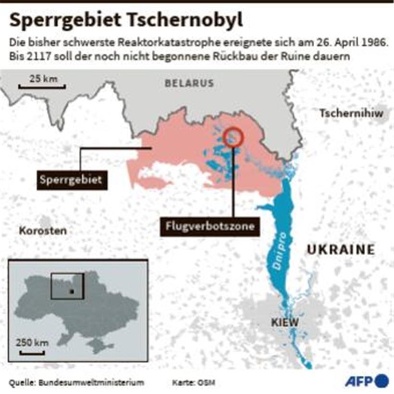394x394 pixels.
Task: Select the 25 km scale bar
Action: click(x=42, y=86)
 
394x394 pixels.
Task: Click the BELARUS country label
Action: click(x=189, y=83)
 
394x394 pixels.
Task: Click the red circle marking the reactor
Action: click(x=234, y=136)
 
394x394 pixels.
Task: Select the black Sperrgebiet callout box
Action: click(x=72, y=180)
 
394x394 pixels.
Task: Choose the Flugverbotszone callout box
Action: click(x=209, y=226)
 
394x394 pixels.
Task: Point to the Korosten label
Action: click(x=43, y=231)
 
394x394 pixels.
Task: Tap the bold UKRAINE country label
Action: click(x=341, y=249)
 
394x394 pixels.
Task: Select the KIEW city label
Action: click(x=285, y=322)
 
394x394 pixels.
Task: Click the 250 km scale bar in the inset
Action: click(x=33, y=353)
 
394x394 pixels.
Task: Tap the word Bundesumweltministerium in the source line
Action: click(x=91, y=382)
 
